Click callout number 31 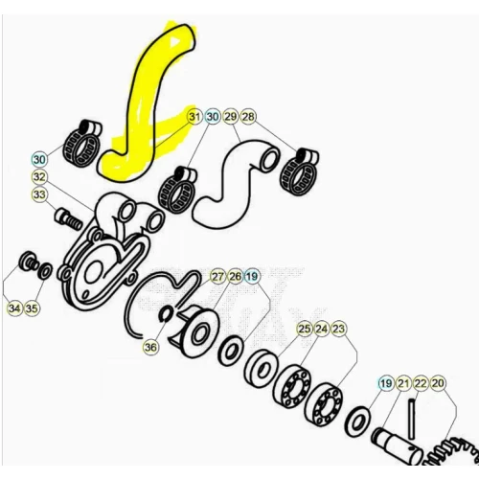[194, 117]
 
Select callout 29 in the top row [230, 117]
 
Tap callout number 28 [248, 117]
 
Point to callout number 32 [39, 177]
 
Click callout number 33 [39, 194]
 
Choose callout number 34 [14, 308]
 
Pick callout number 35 [32, 308]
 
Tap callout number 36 [150, 347]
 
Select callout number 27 [217, 277]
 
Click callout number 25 [305, 329]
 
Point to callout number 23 [339, 329]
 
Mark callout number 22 [421, 383]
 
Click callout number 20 [438, 383]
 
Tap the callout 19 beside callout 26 [252, 277]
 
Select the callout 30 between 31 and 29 [213, 117]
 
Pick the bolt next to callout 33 [69, 218]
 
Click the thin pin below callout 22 [412, 418]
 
